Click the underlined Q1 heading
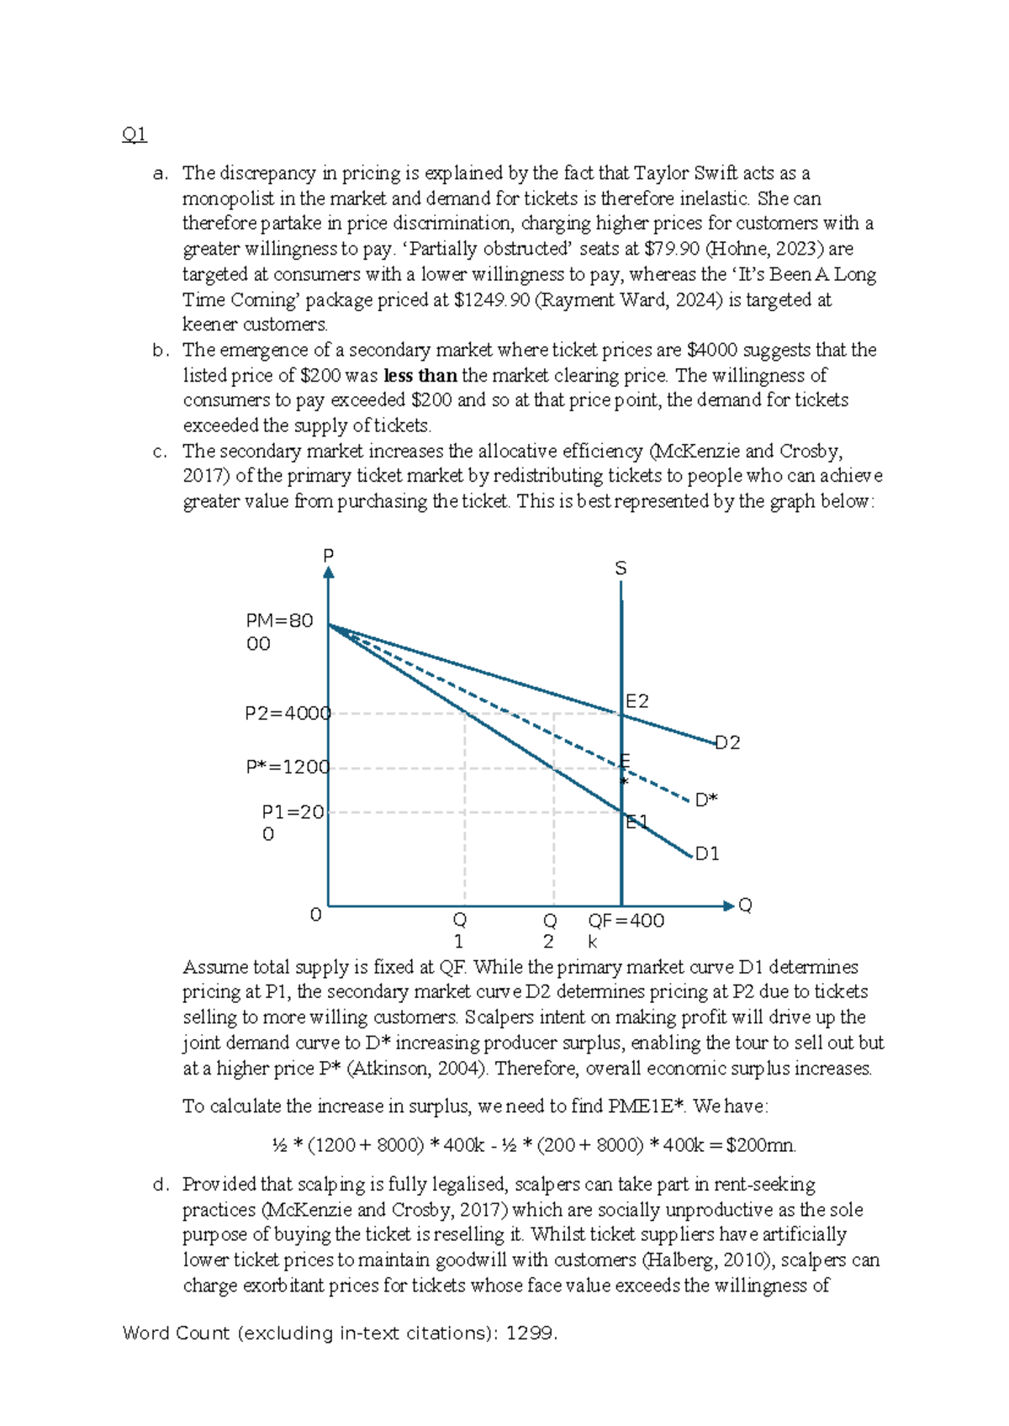tap(135, 135)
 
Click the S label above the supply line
tap(621, 568)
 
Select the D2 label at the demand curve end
tap(727, 742)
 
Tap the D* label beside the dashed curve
tap(706, 800)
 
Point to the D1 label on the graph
tap(707, 854)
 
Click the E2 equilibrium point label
tap(637, 701)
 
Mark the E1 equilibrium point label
tap(637, 821)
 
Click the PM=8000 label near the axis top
tap(278, 631)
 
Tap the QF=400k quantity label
tap(626, 922)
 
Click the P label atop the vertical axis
tap(329, 555)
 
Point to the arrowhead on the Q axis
tap(728, 906)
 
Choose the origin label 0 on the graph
tap(316, 915)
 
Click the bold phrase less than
tap(420, 375)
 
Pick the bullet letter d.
tap(161, 1185)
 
